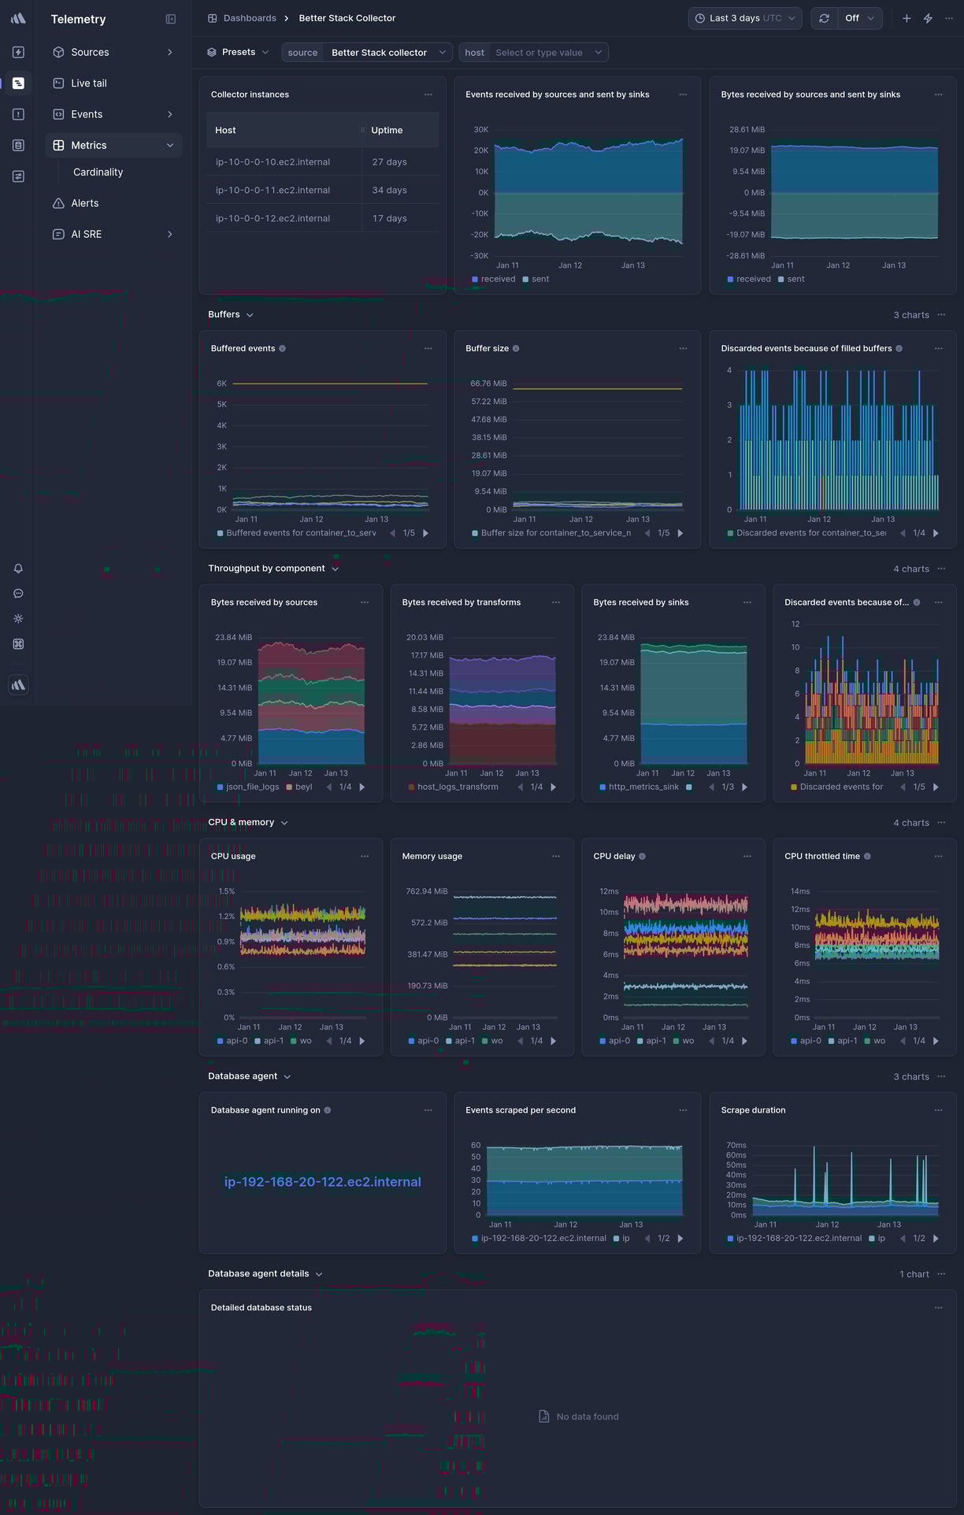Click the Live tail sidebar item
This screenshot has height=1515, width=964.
pyautogui.click(x=88, y=83)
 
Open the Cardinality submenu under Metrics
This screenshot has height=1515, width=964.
pyautogui.click(x=98, y=172)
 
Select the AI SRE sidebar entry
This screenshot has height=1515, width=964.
pyautogui.click(x=86, y=234)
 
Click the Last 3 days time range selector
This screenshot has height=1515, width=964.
pyautogui.click(x=744, y=18)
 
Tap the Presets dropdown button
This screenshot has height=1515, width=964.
pyautogui.click(x=238, y=52)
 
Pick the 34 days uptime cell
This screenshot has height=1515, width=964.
pyautogui.click(x=389, y=190)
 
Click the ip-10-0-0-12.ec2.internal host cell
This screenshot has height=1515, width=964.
pyautogui.click(x=273, y=218)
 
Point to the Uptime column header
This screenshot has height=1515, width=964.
pyautogui.click(x=387, y=130)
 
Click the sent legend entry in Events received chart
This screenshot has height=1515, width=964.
pyautogui.click(x=539, y=279)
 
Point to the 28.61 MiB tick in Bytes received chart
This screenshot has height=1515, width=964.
pyautogui.click(x=746, y=129)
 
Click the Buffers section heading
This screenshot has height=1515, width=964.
pyautogui.click(x=224, y=314)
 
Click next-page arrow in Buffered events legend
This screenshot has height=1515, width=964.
pyautogui.click(x=426, y=533)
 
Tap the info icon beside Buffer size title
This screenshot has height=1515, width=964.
pyautogui.click(x=516, y=348)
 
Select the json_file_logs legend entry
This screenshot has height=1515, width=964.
pyautogui.click(x=252, y=787)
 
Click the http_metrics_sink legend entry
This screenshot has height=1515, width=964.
pyautogui.click(x=643, y=787)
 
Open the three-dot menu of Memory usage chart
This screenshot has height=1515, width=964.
pyautogui.click(x=556, y=856)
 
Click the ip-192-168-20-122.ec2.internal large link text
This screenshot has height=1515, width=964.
pyautogui.click(x=322, y=1182)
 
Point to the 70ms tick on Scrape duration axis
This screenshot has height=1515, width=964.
pyautogui.click(x=736, y=1145)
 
